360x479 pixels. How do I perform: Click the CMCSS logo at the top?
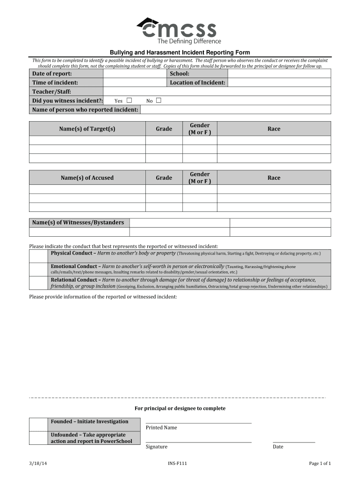pos(178,30)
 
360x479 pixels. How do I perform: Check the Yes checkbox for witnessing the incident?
pos(129,101)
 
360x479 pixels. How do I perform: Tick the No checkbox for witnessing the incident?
pos(158,101)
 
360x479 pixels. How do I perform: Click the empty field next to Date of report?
pos(135,74)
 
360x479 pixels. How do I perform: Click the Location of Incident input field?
pos(279,83)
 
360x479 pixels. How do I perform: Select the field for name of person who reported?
pos(235,110)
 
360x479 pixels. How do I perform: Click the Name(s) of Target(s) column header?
pos(87,129)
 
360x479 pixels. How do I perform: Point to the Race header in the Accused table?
pos(274,178)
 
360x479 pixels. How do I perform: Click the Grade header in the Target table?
pos(164,129)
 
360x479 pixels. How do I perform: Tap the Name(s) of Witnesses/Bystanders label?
pos(78,223)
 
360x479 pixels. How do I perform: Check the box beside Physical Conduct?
pos(39,256)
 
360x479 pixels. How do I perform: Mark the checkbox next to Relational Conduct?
pos(39,283)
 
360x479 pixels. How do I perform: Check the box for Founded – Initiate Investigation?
pos(39,424)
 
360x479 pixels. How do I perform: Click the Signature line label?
pos(156,447)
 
